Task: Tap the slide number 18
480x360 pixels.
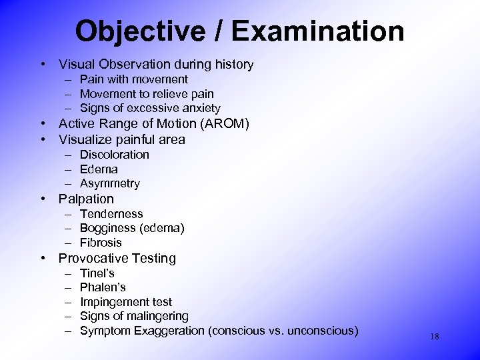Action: [434, 337]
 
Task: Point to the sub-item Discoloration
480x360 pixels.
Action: [114, 155]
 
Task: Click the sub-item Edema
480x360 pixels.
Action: [99, 169]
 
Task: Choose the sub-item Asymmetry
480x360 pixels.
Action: [110, 183]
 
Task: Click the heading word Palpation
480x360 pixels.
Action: [86, 199]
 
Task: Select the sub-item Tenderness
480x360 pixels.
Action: [111, 214]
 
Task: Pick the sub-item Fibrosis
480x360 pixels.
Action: [101, 243]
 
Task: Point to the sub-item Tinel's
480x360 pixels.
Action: [97, 273]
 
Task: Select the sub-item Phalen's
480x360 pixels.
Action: [103, 287]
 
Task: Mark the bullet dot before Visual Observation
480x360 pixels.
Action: [42, 65]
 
